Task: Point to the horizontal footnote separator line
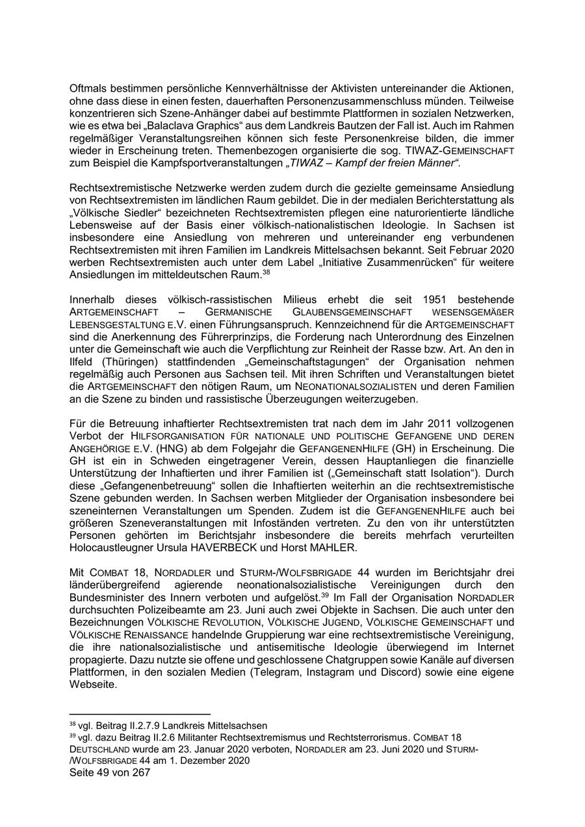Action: pos(140,713)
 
